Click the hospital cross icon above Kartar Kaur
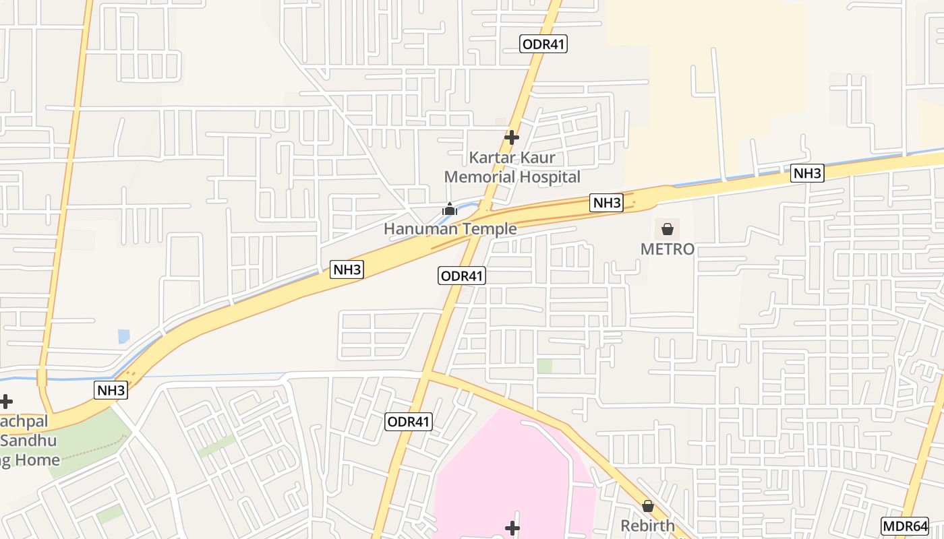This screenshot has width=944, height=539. point(512,137)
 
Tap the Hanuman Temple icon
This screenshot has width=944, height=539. point(450,210)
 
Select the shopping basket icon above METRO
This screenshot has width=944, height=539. point(668,229)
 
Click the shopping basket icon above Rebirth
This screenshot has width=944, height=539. point(648,506)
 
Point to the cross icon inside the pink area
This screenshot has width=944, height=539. point(512,527)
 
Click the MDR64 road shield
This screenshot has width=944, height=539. point(905,526)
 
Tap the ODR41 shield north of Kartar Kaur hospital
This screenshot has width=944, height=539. point(543,44)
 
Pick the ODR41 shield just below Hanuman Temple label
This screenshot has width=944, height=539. point(462,276)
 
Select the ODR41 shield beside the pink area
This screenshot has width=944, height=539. point(409,422)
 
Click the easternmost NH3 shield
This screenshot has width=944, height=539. point(807,173)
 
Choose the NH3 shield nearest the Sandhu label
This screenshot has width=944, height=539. point(111,390)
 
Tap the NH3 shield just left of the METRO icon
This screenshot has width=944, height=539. point(606,202)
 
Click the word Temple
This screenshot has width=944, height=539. point(486,229)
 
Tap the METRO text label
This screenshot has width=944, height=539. point(667,249)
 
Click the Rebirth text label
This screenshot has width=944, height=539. point(648,526)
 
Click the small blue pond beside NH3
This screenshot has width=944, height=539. point(124,336)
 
